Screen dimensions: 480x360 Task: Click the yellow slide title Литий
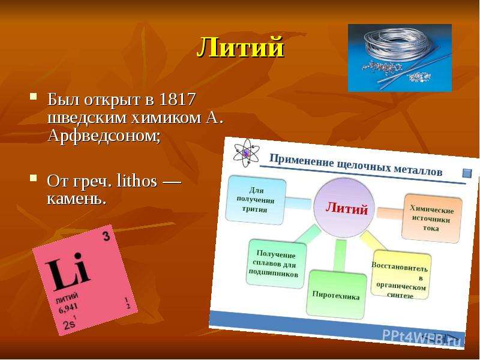241,47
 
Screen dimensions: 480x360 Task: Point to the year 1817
178,99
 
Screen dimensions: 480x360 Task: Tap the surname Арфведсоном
104,136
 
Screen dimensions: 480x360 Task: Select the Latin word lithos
137,181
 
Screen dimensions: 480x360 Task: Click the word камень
77,199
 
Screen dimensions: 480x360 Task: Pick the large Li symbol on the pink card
68,271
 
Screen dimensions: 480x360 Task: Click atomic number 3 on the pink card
106,236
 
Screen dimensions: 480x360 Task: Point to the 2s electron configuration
70,323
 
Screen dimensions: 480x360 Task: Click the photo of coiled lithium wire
400,58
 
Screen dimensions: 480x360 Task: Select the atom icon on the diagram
245,153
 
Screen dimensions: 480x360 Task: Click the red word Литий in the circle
347,208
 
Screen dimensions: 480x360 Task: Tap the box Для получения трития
256,200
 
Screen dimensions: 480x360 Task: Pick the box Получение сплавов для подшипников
275,264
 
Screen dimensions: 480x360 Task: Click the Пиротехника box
336,295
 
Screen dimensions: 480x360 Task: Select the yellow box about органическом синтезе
401,275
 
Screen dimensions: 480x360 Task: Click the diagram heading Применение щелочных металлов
356,165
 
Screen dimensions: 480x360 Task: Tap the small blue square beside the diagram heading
467,173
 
